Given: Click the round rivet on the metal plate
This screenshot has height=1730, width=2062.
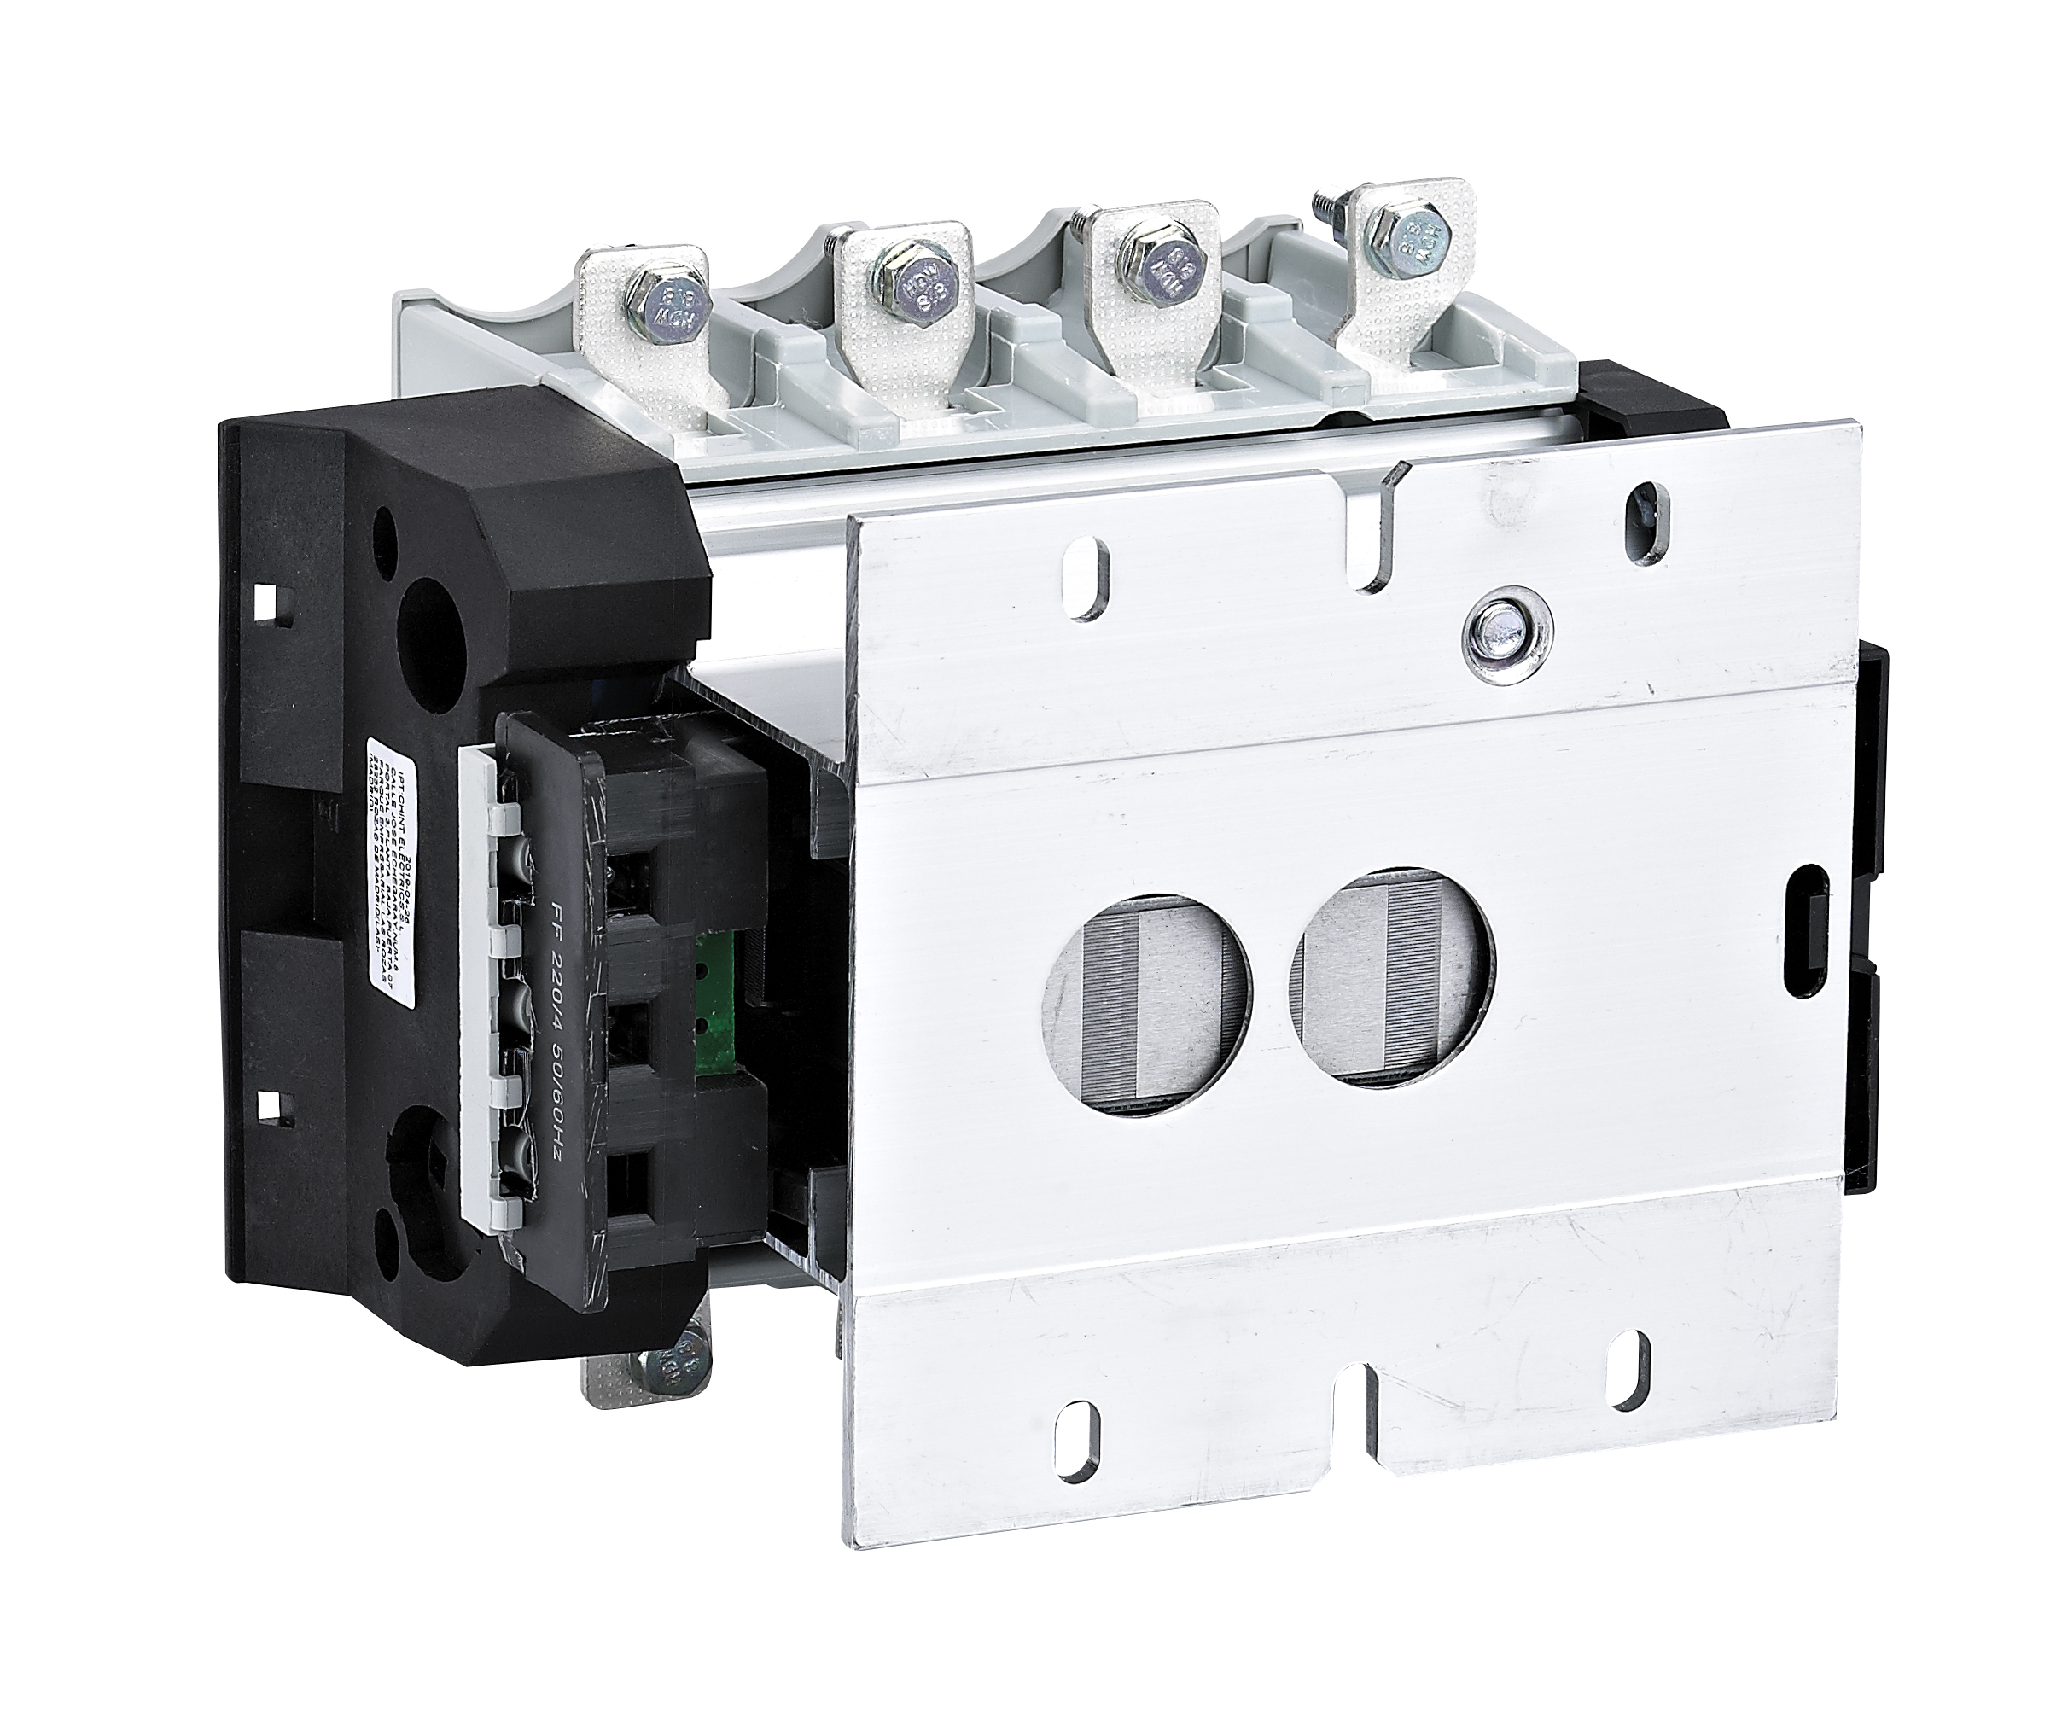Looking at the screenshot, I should tap(1503, 628).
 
